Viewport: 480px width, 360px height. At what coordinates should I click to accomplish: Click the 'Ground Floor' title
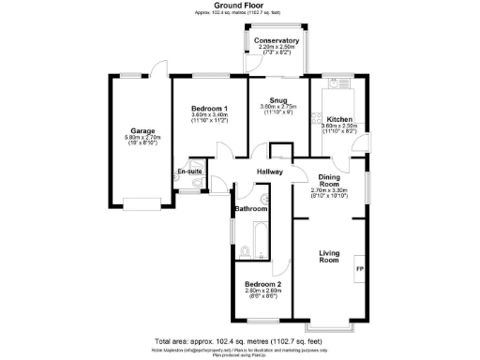tap(239, 5)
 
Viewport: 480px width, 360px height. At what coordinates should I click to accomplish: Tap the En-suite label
tap(190, 172)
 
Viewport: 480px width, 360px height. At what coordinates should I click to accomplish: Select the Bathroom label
tap(250, 208)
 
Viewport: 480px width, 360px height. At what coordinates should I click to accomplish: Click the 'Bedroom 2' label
tap(263, 283)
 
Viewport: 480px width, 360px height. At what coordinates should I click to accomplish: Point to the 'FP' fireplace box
tap(358, 271)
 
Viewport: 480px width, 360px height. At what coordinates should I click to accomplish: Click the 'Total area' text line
tap(239, 340)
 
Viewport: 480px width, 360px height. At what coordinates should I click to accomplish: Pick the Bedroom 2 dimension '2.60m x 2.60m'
tap(263, 291)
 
